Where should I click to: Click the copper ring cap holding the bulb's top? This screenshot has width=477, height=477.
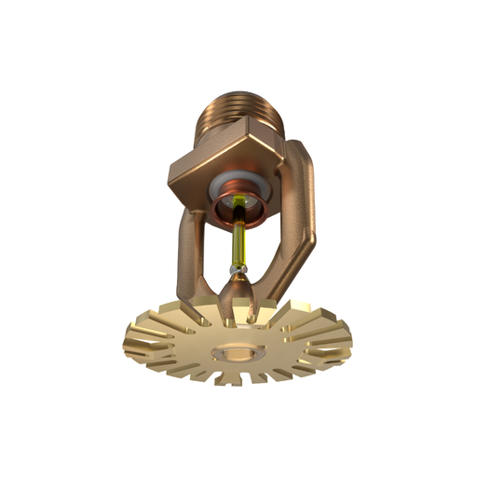point(244,211)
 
